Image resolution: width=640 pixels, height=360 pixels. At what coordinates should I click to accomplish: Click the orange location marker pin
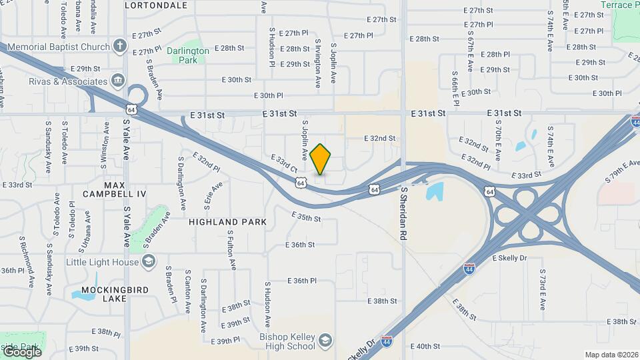pos(321,159)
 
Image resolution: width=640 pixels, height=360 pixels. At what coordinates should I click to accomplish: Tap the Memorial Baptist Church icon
pos(119,47)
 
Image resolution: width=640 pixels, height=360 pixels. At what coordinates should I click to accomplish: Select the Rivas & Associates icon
pos(118,81)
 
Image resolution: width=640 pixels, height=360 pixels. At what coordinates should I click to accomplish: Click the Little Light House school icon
pos(149,262)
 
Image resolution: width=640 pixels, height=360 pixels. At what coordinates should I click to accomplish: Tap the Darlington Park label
pos(188,55)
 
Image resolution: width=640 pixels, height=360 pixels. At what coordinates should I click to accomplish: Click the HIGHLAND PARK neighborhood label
pos(227,222)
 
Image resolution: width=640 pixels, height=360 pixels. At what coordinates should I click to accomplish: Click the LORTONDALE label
pos(156,5)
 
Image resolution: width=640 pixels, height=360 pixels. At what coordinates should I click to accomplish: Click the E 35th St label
pos(306,218)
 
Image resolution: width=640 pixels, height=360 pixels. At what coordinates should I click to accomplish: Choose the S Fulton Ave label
pos(231,250)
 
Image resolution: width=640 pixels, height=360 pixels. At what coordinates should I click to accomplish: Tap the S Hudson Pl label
pos(272,47)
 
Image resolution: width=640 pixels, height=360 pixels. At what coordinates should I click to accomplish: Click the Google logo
pos(22,351)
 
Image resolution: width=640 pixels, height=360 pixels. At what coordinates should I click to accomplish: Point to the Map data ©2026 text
pos(611,355)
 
